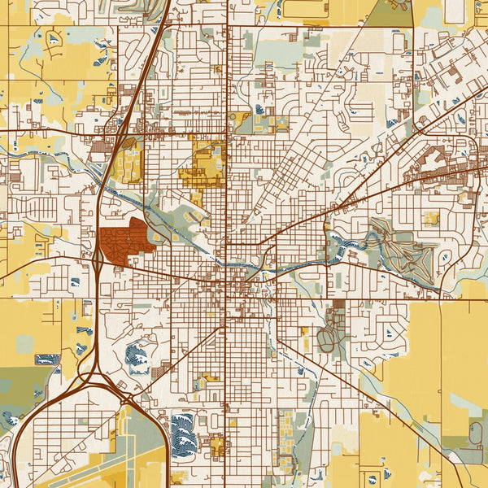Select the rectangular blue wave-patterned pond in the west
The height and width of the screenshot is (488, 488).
[x=46, y=359]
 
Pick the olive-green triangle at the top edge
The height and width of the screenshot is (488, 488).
[x=390, y=12]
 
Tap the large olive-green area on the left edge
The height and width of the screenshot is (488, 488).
[x=20, y=390]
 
